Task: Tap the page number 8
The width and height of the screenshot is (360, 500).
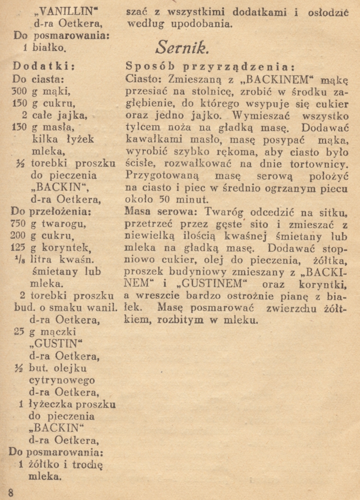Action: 11,492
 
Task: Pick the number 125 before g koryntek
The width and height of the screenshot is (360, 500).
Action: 18,247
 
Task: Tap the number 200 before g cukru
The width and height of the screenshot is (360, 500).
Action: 18,235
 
